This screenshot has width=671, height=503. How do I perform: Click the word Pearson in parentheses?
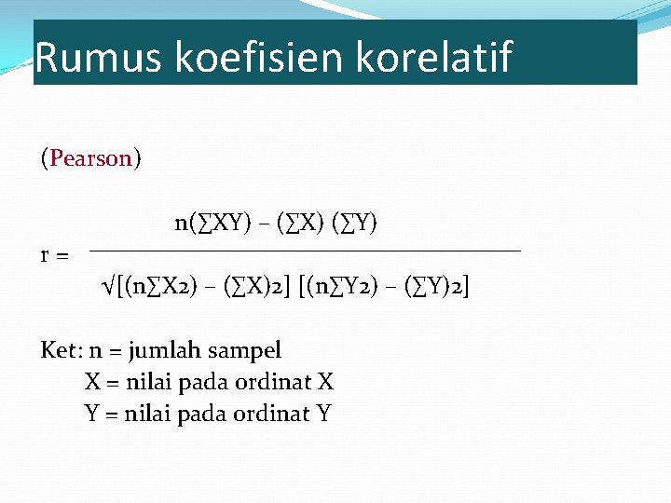(91, 158)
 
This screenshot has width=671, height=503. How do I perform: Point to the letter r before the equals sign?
(46, 254)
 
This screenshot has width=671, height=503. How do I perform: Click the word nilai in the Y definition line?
(145, 414)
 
